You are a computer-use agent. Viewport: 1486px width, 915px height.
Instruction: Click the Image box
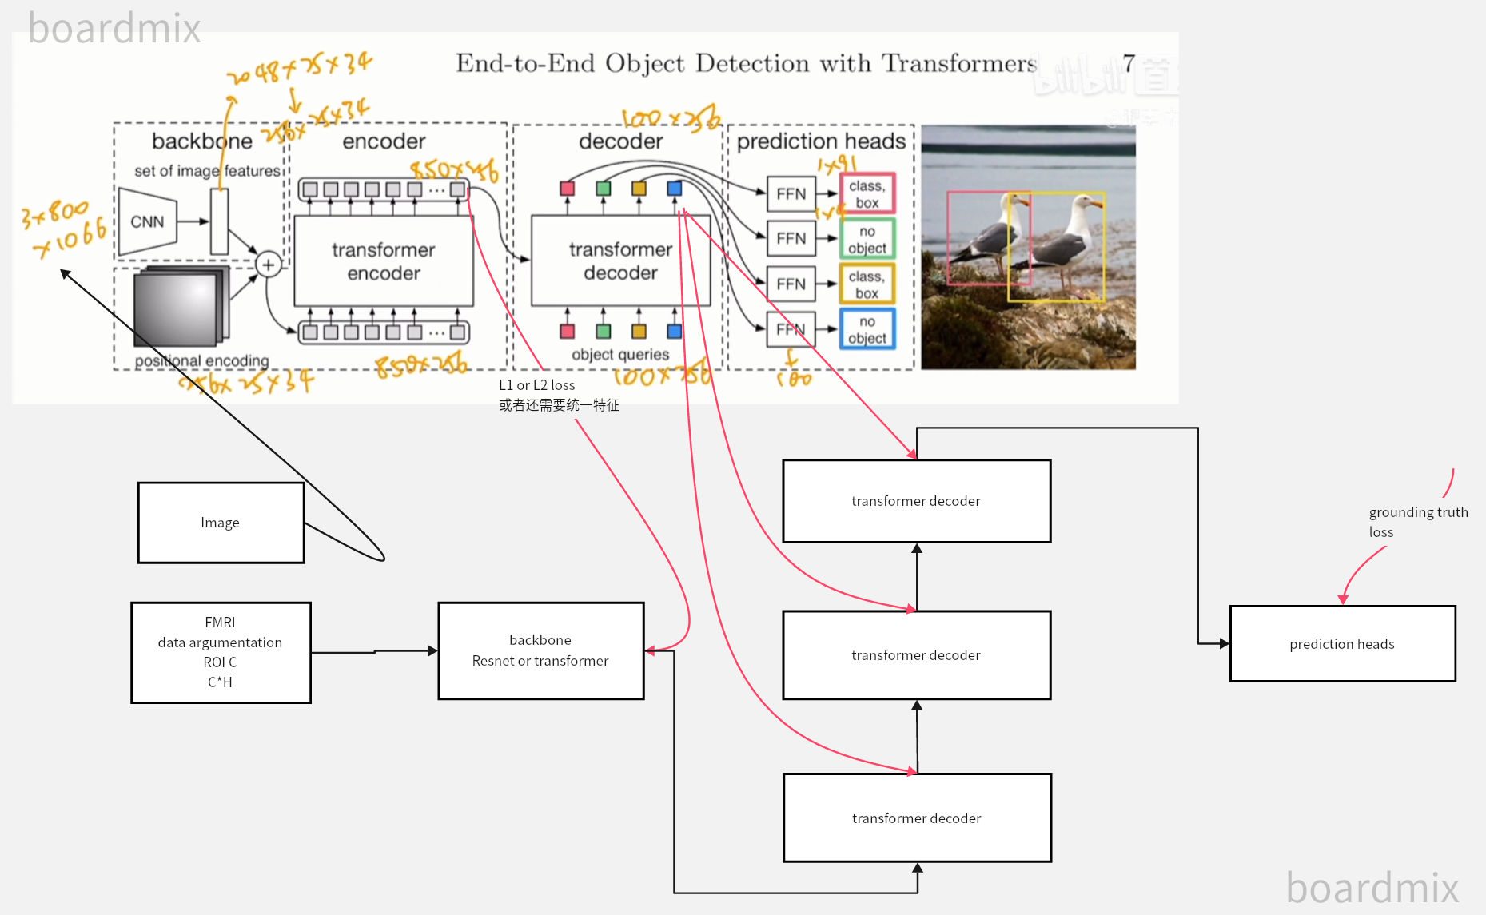(221, 523)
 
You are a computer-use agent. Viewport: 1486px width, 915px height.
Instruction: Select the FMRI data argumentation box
(221, 652)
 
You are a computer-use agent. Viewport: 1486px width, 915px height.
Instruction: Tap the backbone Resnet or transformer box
(540, 650)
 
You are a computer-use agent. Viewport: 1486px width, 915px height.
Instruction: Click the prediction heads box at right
(1341, 644)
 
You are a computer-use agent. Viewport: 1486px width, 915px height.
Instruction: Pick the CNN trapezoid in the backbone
(148, 221)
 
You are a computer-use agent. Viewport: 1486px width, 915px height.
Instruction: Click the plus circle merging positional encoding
(269, 264)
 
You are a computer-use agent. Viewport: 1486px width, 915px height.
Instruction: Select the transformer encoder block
(384, 261)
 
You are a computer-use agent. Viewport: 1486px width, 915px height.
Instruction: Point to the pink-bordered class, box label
(867, 193)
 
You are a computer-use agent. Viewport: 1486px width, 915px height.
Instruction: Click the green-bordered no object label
(867, 239)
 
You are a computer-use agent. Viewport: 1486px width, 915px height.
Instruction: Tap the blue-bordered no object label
(867, 329)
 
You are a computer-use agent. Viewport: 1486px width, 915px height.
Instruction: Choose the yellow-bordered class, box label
(867, 284)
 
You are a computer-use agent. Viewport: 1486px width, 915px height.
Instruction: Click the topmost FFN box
(791, 193)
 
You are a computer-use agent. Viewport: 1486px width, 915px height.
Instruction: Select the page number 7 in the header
(1128, 62)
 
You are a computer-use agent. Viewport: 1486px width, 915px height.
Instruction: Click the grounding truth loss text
(1417, 522)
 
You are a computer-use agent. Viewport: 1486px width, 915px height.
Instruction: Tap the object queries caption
(620, 354)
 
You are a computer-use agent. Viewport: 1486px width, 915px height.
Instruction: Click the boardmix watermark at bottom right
(1372, 888)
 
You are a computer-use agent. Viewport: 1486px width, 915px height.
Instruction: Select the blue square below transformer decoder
(675, 331)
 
